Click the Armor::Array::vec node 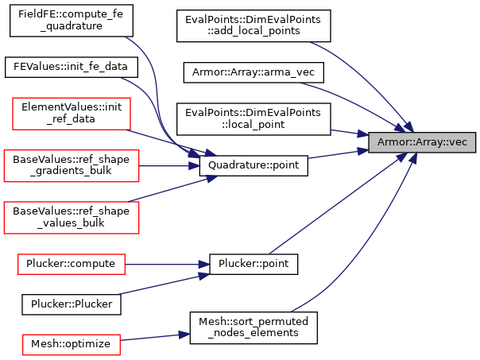coord(422,142)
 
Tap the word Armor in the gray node coord(392,142)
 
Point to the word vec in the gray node coord(458,142)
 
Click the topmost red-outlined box coord(72,114)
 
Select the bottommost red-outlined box coord(72,345)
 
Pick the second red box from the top coord(72,166)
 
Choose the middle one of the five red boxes coord(72,218)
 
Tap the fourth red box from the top coord(72,265)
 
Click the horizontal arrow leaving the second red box coord(167,166)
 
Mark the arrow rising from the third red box coord(171,189)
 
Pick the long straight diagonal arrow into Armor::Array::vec coord(338,203)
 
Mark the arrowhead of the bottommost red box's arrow coord(184,335)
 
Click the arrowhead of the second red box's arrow coord(195,166)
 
